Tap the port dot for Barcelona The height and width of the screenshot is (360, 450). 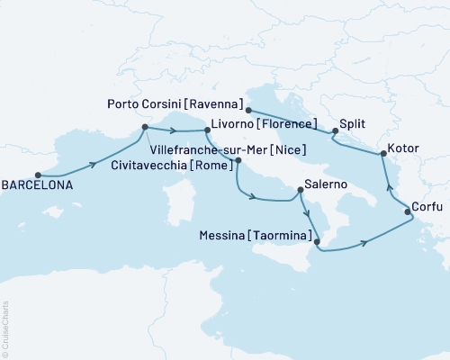38,175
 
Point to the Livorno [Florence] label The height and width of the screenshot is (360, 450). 266,124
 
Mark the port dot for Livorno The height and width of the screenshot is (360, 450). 206,131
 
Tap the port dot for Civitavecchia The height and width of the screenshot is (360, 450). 238,161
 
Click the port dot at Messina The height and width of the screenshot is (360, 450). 317,241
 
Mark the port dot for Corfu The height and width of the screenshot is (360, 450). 408,212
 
